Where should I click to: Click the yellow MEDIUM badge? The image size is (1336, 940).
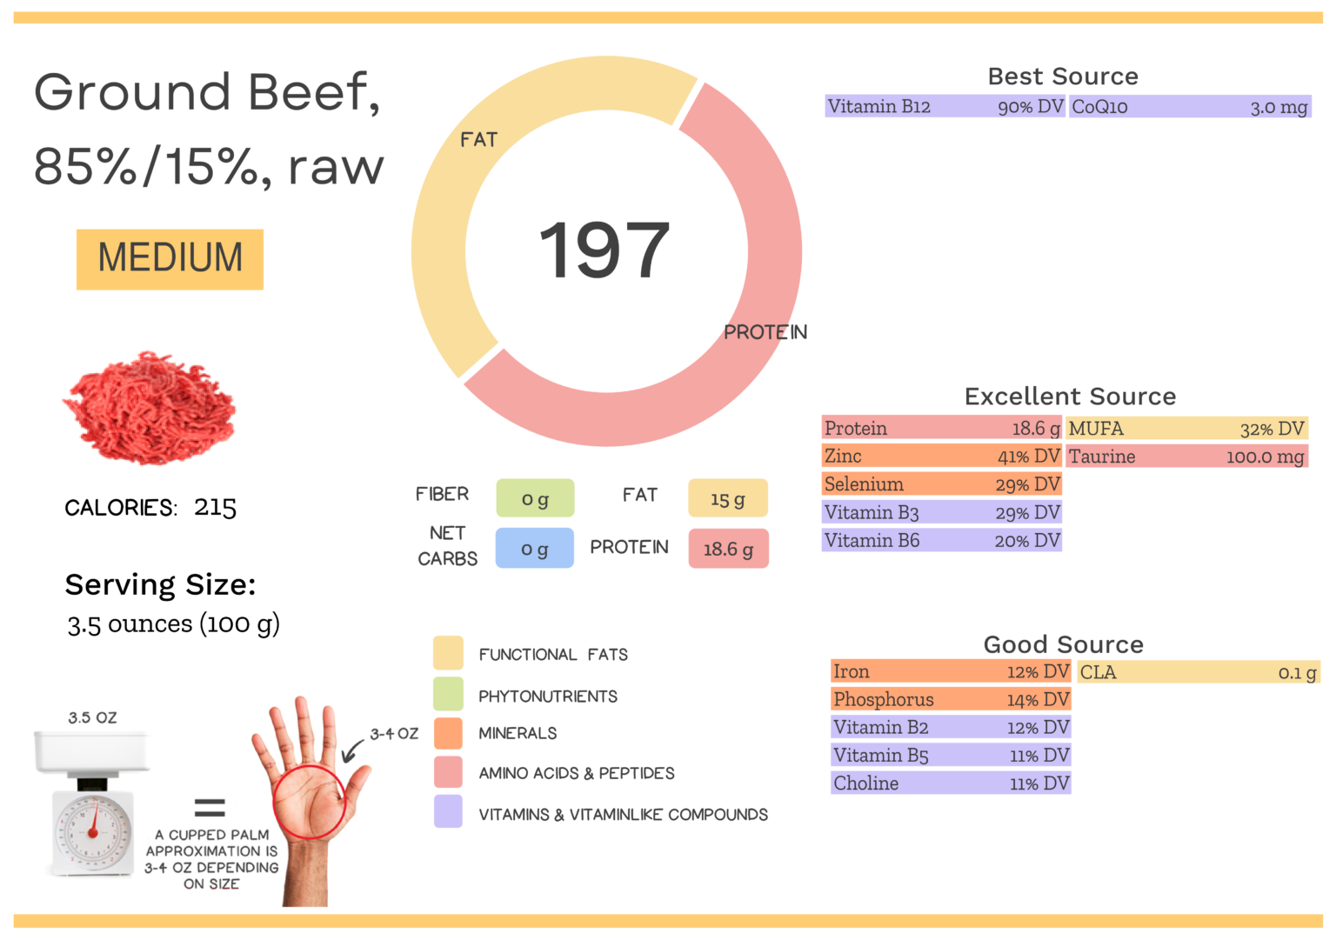pos(170,259)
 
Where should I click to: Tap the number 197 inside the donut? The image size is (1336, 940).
pos(605,251)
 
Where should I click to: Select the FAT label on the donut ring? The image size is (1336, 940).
pos(478,140)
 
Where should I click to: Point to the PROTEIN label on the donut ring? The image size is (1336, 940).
pos(765,332)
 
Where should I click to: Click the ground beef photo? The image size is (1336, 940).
pos(150,407)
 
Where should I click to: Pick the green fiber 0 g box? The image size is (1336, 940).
pos(535,498)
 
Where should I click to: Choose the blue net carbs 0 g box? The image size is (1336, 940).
pos(534,549)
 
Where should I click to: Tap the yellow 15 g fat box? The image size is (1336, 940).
pos(728,498)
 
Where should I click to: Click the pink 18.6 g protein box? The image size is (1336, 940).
pos(728,549)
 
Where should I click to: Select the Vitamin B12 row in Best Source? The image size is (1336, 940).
pos(945,107)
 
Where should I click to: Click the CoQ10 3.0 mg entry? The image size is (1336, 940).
pos(1189,107)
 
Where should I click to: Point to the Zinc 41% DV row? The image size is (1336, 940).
pos(941,457)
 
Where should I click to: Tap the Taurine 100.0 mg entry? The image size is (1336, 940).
pos(1187,457)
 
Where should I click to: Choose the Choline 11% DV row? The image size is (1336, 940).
pos(951,783)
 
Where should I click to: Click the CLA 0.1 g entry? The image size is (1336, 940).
pos(1198,672)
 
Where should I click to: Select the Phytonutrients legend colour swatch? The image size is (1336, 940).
pos(448,694)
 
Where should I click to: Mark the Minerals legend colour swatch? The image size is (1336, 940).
pos(448,733)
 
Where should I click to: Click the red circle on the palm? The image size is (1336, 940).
pos(309,802)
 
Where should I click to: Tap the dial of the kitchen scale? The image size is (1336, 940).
pos(93,831)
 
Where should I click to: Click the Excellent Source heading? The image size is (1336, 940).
pos(1069,397)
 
